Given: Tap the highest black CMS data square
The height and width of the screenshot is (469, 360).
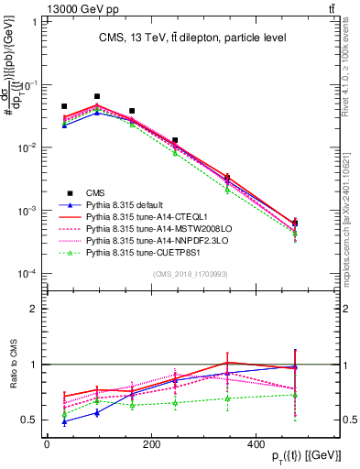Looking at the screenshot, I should [x=97, y=96].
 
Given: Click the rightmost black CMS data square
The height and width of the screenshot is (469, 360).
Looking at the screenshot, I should [x=294, y=223].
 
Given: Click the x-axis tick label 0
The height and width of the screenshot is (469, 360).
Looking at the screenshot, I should [x=47, y=443].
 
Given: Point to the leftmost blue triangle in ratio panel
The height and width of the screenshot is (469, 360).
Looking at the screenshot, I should [x=64, y=421].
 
